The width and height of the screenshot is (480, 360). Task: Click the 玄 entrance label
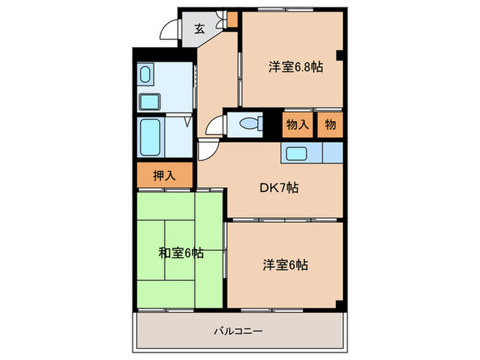[199, 29]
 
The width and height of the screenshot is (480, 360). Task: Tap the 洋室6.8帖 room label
[296, 67]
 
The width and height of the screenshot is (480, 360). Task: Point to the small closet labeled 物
[331, 125]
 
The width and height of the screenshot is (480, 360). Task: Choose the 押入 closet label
[164, 175]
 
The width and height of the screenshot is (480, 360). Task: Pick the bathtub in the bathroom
[150, 137]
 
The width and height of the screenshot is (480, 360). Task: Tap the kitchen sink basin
[298, 153]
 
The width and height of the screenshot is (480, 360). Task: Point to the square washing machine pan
[150, 101]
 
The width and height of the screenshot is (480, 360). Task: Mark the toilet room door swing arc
[216, 125]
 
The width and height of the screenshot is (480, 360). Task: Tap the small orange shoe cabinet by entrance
[232, 19]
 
